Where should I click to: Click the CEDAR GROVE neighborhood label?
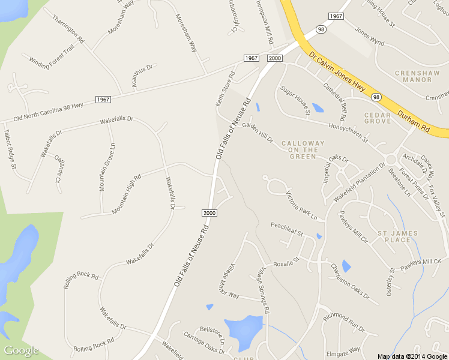tap(378, 118)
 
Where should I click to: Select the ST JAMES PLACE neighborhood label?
tap(394, 236)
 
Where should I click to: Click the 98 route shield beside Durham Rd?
tap(376, 97)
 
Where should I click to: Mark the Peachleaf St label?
tap(287, 228)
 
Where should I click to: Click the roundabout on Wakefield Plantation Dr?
tap(392, 160)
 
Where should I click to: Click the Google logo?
tap(22, 351)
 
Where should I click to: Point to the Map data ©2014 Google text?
tap(412, 356)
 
